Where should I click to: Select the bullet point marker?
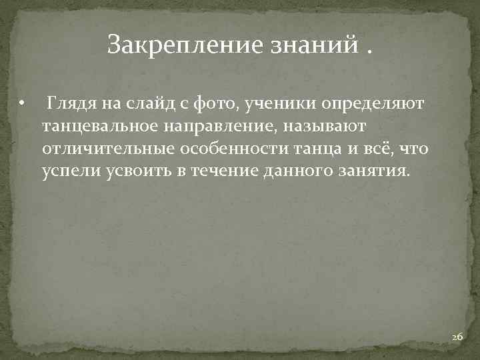pos(22,104)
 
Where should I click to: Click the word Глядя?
pos(71,104)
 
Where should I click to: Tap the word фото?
pos(210,104)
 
